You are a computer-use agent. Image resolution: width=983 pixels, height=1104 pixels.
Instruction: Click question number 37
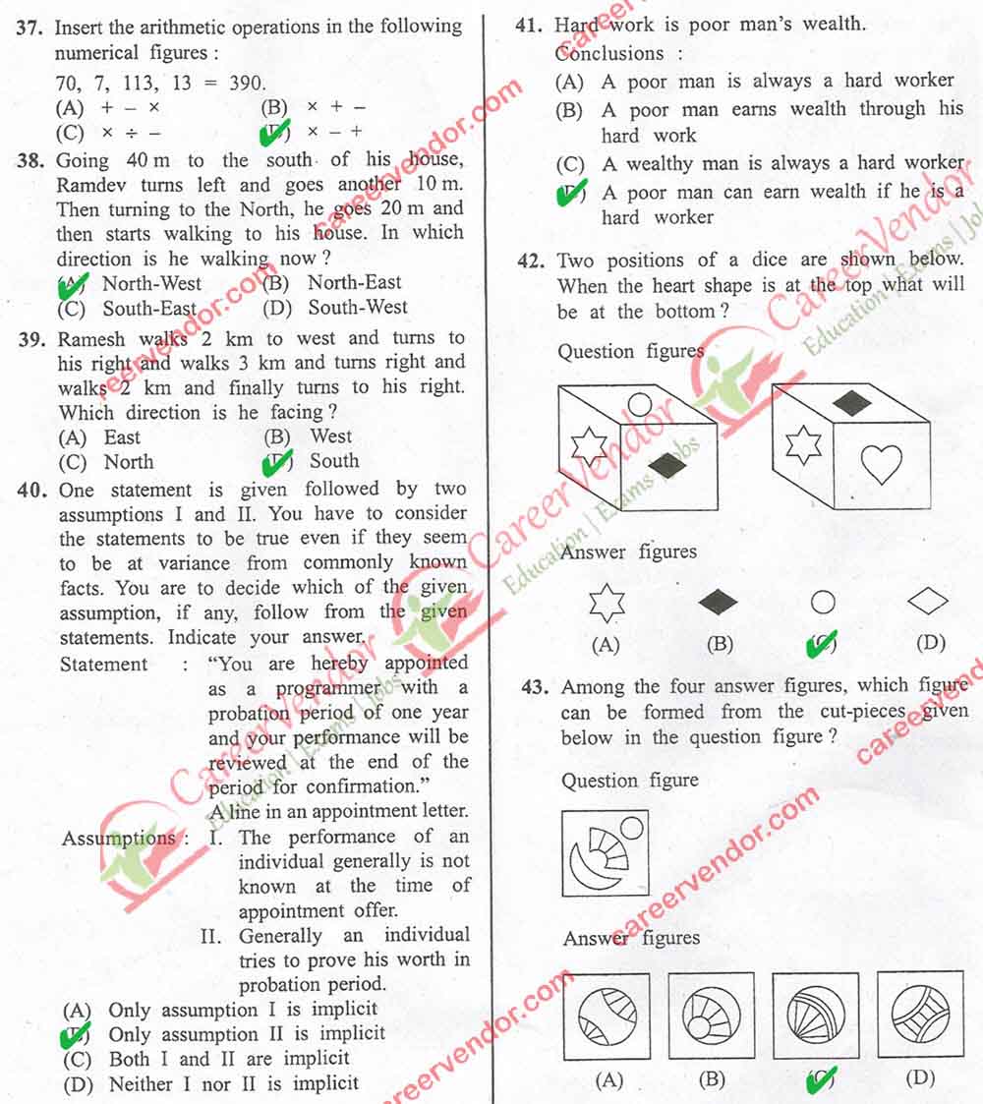pyautogui.click(x=29, y=28)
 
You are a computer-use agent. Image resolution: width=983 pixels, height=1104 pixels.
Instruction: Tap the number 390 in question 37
pyautogui.click(x=246, y=83)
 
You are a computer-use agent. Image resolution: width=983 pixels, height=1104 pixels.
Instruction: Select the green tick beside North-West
pyautogui.click(x=74, y=286)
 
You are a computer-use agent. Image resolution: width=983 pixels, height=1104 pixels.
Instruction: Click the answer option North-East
pyautogui.click(x=355, y=282)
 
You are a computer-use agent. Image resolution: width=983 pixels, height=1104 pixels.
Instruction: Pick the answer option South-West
pyautogui.click(x=358, y=308)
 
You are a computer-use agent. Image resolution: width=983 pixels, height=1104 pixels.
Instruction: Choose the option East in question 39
pyautogui.click(x=122, y=437)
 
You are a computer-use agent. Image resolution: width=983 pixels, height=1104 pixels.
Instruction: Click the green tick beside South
pyautogui.click(x=277, y=462)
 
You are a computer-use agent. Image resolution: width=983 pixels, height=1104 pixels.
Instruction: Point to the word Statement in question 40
pyautogui.click(x=103, y=665)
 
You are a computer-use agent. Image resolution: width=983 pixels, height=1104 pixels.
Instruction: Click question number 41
pyautogui.click(x=530, y=27)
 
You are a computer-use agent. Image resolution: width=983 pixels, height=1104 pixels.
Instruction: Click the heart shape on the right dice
pyautogui.click(x=881, y=464)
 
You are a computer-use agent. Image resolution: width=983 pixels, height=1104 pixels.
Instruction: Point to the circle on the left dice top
pyautogui.click(x=639, y=403)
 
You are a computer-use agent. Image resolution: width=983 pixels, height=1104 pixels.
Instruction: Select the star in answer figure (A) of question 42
pyautogui.click(x=607, y=603)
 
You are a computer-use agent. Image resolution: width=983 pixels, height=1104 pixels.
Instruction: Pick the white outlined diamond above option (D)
pyautogui.click(x=928, y=601)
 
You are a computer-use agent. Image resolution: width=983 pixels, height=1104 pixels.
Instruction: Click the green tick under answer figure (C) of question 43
pyautogui.click(x=819, y=1081)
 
